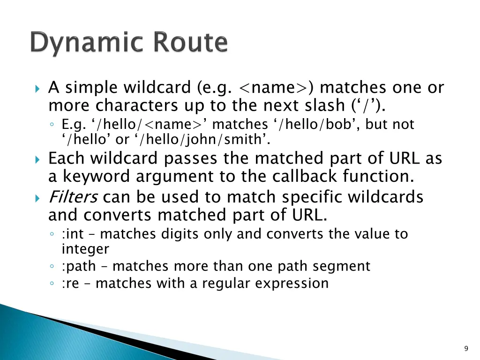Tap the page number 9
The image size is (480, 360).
click(465, 348)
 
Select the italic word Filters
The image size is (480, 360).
click(73, 197)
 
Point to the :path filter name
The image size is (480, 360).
click(78, 266)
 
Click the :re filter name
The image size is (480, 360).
click(70, 283)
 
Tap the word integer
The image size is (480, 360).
click(85, 249)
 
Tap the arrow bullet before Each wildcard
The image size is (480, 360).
click(38, 159)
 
